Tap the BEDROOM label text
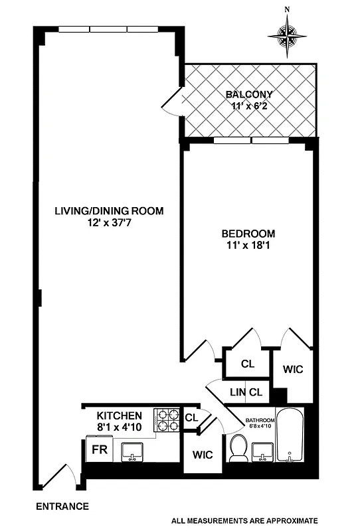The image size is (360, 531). [x=248, y=234]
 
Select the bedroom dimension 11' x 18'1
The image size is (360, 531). [x=248, y=246]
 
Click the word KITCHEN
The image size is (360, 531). [x=120, y=416]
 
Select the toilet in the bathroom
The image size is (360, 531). [x=237, y=450]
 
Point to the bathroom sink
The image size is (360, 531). [x=264, y=452]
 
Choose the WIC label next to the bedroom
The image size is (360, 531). [x=293, y=369]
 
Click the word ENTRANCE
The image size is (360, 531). [x=62, y=506]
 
